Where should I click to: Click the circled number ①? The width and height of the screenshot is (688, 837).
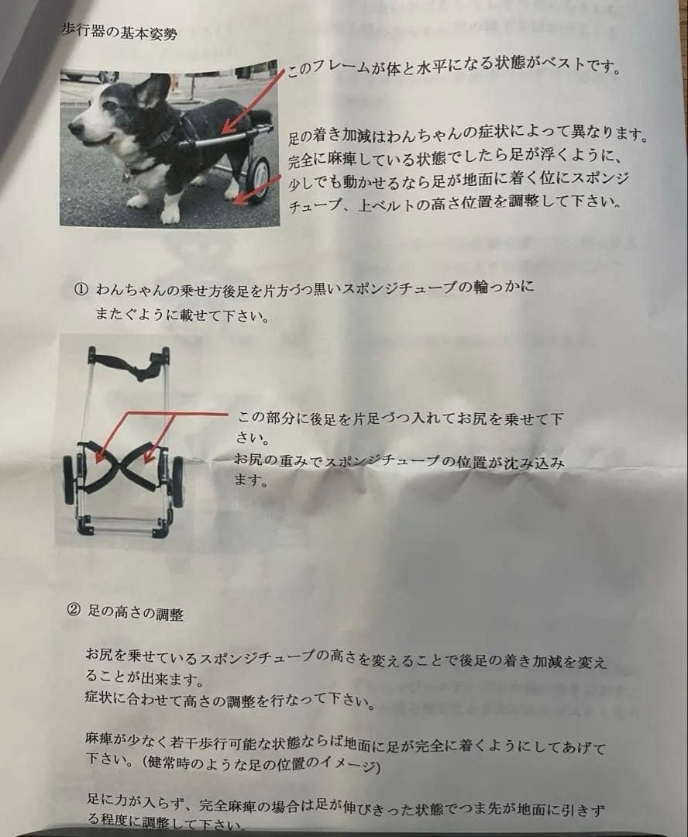tap(81, 289)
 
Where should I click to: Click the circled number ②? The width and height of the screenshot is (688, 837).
tap(74, 610)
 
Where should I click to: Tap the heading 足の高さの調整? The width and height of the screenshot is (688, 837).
tap(136, 613)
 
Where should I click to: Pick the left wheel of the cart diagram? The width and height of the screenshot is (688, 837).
tap(69, 480)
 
